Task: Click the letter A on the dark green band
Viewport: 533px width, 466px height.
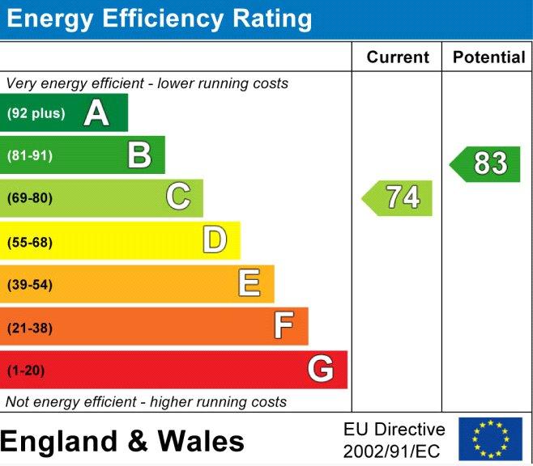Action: (96, 112)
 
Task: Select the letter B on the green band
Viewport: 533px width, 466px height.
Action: (139, 155)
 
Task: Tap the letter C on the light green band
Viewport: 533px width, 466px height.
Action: (178, 196)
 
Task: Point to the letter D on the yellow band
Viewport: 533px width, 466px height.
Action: (215, 239)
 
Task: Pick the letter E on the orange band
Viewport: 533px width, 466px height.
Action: (249, 282)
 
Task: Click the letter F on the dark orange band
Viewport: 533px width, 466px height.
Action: (284, 325)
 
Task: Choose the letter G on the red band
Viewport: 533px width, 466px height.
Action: (320, 368)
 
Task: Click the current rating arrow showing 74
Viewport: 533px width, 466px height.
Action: (397, 198)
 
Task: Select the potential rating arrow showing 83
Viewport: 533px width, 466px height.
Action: (484, 164)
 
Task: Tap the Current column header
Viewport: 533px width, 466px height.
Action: (398, 57)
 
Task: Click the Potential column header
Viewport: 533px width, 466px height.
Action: (489, 57)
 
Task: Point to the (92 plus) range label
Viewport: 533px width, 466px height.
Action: (36, 113)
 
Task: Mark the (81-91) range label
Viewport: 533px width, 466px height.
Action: (30, 156)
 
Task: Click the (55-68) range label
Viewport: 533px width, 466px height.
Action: (30, 243)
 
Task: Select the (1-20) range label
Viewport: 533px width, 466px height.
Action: (26, 371)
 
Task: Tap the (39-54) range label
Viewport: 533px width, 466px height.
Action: (30, 285)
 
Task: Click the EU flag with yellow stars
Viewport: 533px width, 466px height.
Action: (491, 438)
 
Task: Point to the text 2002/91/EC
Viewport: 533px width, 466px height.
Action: (391, 451)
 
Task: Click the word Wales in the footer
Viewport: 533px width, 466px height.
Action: (201, 441)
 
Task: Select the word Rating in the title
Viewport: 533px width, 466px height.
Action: (272, 19)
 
